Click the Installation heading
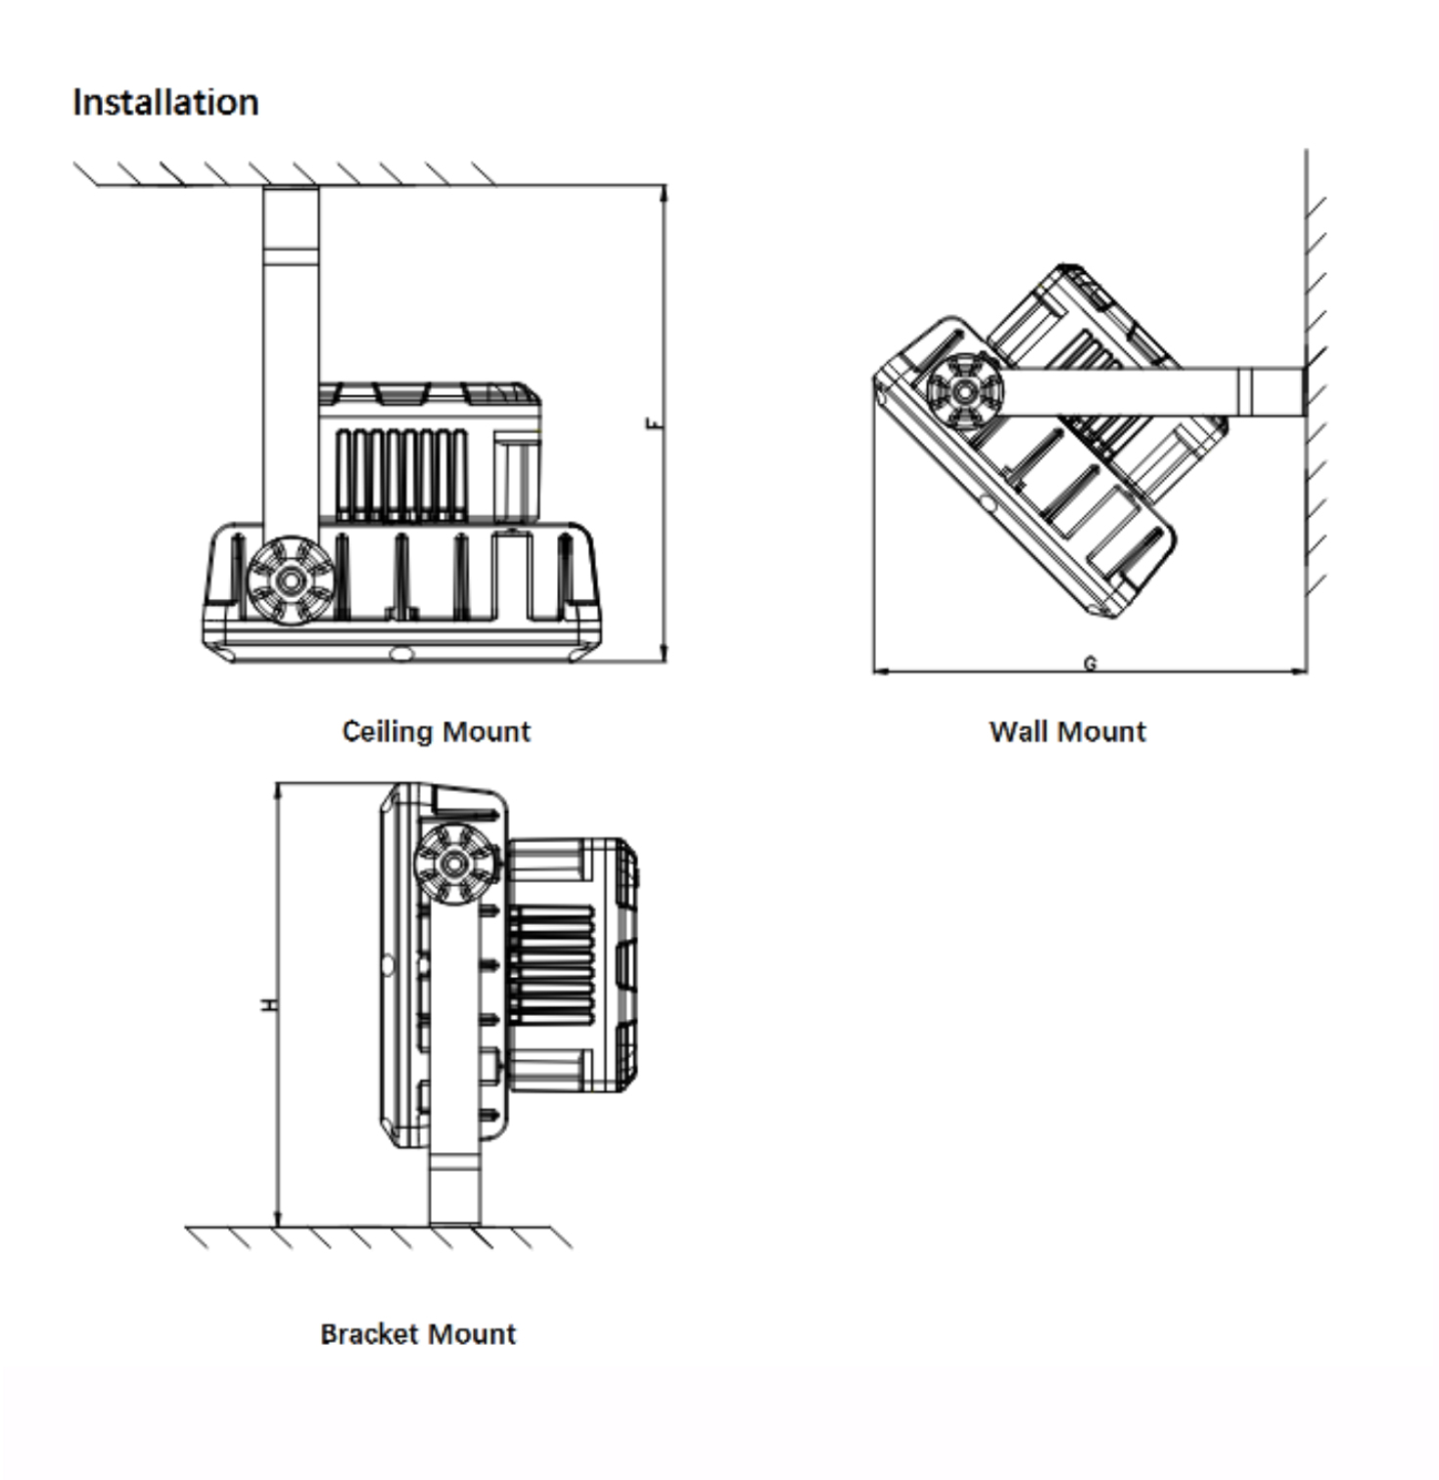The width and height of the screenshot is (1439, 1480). tap(165, 103)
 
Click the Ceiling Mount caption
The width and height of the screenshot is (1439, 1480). tap(436, 731)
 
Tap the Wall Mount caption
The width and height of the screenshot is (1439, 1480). tap(1067, 731)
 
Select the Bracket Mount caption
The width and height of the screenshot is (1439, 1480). tap(418, 1333)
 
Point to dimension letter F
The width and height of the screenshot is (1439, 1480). tap(653, 423)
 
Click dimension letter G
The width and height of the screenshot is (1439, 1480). tap(1090, 663)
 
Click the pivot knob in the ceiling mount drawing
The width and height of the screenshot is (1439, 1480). tap(290, 580)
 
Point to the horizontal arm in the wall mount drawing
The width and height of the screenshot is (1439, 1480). tap(1145, 392)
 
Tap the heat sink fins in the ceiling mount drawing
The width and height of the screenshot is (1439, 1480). tap(401, 474)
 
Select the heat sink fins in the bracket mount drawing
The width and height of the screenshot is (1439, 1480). tap(552, 965)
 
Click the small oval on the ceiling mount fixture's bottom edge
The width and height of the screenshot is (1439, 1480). tap(399, 653)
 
